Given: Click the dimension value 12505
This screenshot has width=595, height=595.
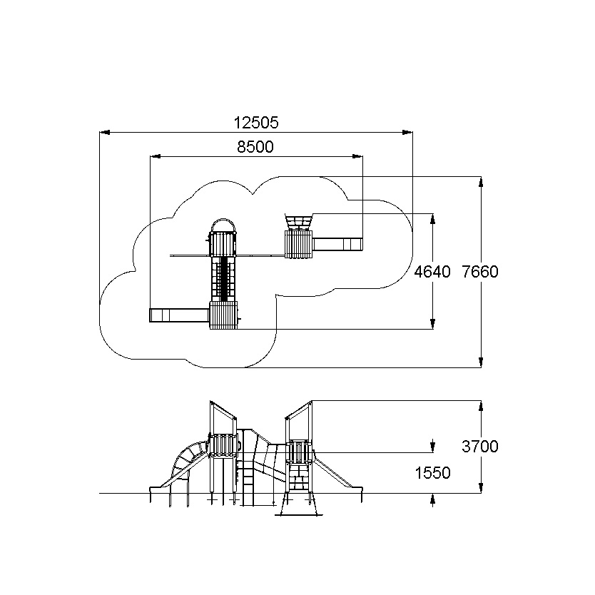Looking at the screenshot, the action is coord(256,123).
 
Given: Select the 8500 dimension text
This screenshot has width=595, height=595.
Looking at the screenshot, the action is coord(255,146).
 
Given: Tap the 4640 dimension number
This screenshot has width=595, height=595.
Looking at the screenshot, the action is coord(432,272).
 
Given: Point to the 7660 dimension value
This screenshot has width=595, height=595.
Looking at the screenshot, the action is coord(480,272).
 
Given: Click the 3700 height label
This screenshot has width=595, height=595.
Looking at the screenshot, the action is coord(480,447).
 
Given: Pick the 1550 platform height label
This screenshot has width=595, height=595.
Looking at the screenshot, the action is coord(432,473).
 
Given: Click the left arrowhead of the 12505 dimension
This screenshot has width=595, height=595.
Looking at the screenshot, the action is coord(105,132).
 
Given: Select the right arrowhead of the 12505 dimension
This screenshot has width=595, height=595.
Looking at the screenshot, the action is coord(407,132).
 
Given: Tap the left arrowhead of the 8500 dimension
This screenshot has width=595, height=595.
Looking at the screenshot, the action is coord(156,156).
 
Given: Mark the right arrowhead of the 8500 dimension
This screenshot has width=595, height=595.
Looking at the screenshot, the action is coord(357,156).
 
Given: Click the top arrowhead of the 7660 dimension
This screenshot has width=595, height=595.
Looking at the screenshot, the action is coord(481,182).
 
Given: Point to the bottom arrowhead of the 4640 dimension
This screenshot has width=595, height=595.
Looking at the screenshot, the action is coord(432,324).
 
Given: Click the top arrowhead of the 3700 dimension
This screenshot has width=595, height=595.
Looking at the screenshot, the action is coord(481,406).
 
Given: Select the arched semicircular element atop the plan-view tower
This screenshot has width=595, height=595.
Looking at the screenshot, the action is coord(223,220).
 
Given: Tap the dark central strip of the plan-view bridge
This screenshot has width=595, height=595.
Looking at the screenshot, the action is coord(224,279).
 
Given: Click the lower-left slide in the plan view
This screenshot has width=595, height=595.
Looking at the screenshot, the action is coord(179,315).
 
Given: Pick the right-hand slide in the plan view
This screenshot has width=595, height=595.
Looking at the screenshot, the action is coord(337,245).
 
